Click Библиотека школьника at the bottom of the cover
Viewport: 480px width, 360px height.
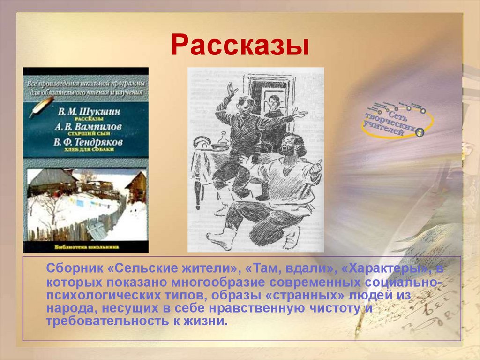86,245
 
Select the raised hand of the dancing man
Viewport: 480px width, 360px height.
231,89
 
